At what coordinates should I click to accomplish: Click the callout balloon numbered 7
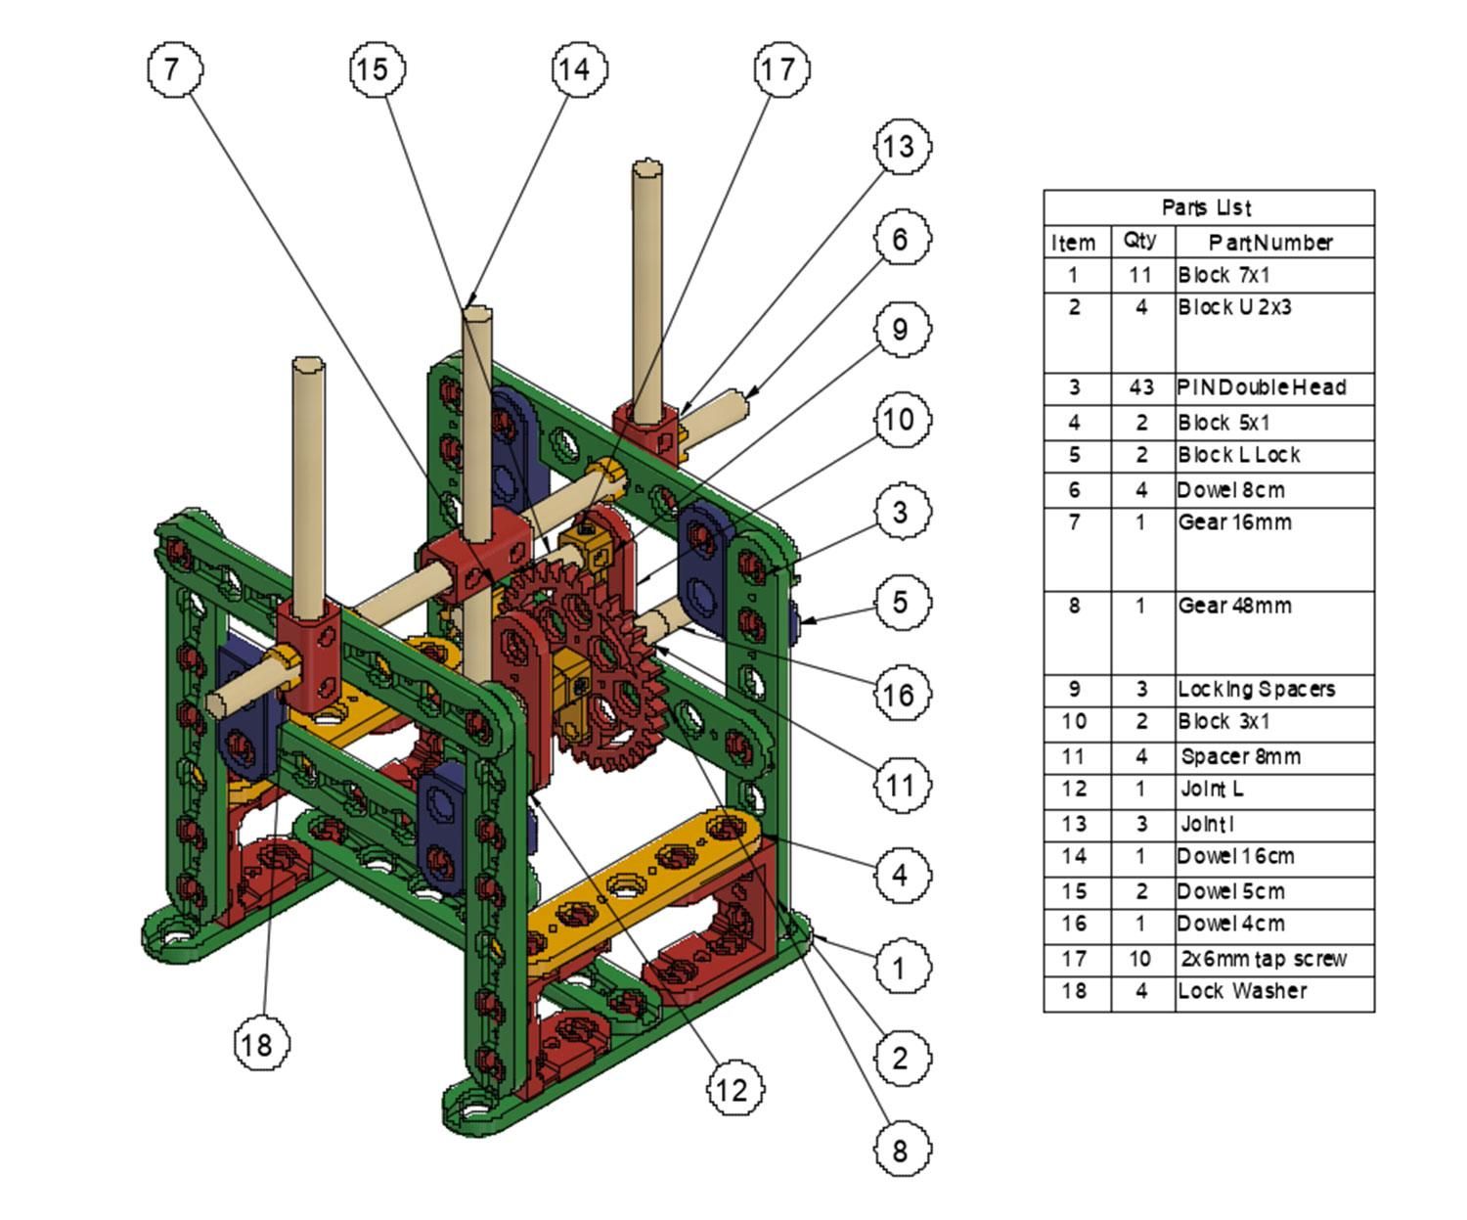(175, 69)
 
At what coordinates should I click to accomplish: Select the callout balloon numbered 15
(377, 69)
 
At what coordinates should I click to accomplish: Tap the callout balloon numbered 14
(578, 69)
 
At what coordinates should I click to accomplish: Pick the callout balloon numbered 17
(779, 69)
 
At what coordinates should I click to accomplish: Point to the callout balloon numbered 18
(261, 1044)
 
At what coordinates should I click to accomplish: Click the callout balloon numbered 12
(733, 1089)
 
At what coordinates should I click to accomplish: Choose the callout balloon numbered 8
(901, 1150)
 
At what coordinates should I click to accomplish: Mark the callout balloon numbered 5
(901, 602)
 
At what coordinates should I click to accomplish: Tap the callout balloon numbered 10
(901, 420)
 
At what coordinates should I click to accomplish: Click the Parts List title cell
(1208, 207)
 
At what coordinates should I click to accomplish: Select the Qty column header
(1140, 241)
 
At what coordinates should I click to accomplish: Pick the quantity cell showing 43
(1140, 387)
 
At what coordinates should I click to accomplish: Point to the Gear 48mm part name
(1234, 606)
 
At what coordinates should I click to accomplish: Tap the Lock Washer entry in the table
(1242, 991)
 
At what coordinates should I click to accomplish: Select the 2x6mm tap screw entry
(1262, 959)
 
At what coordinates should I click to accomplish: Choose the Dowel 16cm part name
(1236, 857)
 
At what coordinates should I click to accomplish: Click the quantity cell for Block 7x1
(1140, 275)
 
